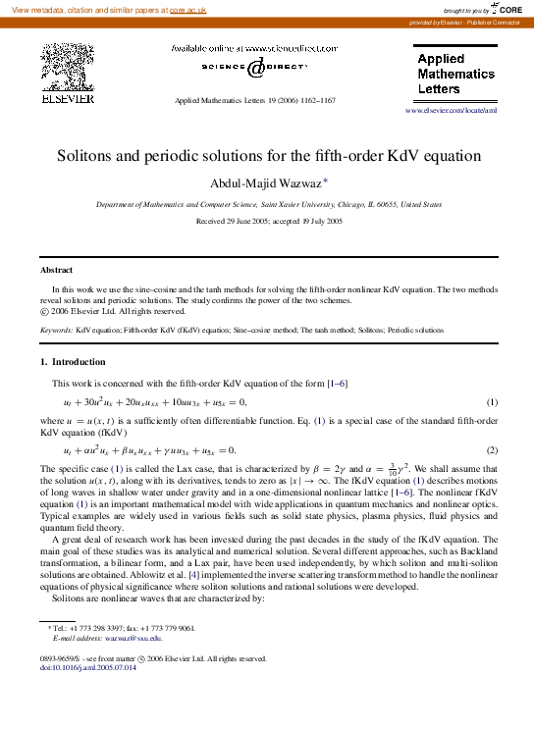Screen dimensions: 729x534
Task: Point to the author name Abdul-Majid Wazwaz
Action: coord(265,182)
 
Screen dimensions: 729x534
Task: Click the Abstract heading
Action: coord(56,270)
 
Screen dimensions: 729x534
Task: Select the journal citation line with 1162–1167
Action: coord(254,101)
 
